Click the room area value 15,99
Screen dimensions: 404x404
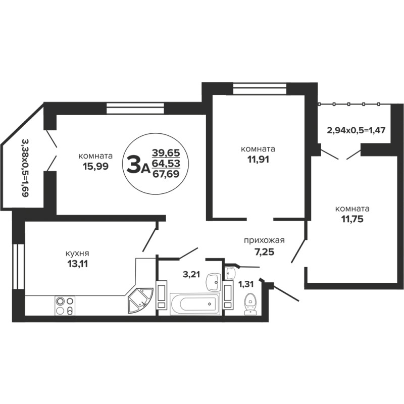click(x=95, y=167)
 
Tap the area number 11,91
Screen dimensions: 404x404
click(x=258, y=160)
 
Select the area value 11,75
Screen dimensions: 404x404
click(x=352, y=219)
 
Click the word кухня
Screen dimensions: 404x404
click(x=77, y=254)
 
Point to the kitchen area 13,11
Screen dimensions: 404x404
click(x=77, y=264)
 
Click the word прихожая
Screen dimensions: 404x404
click(x=264, y=241)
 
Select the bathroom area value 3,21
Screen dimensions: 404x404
click(x=191, y=275)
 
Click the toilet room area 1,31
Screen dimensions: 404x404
click(x=246, y=284)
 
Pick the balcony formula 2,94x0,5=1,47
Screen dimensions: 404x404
click(x=356, y=130)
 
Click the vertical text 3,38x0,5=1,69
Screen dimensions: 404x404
click(x=25, y=169)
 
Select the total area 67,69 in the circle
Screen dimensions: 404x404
click(x=166, y=174)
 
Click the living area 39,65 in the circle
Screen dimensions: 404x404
click(x=166, y=153)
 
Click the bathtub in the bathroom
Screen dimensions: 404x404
click(x=195, y=304)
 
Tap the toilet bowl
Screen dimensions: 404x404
click(x=249, y=304)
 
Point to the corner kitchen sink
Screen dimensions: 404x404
click(x=141, y=301)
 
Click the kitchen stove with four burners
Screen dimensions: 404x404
click(x=65, y=306)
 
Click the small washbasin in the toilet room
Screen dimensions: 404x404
click(x=230, y=273)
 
